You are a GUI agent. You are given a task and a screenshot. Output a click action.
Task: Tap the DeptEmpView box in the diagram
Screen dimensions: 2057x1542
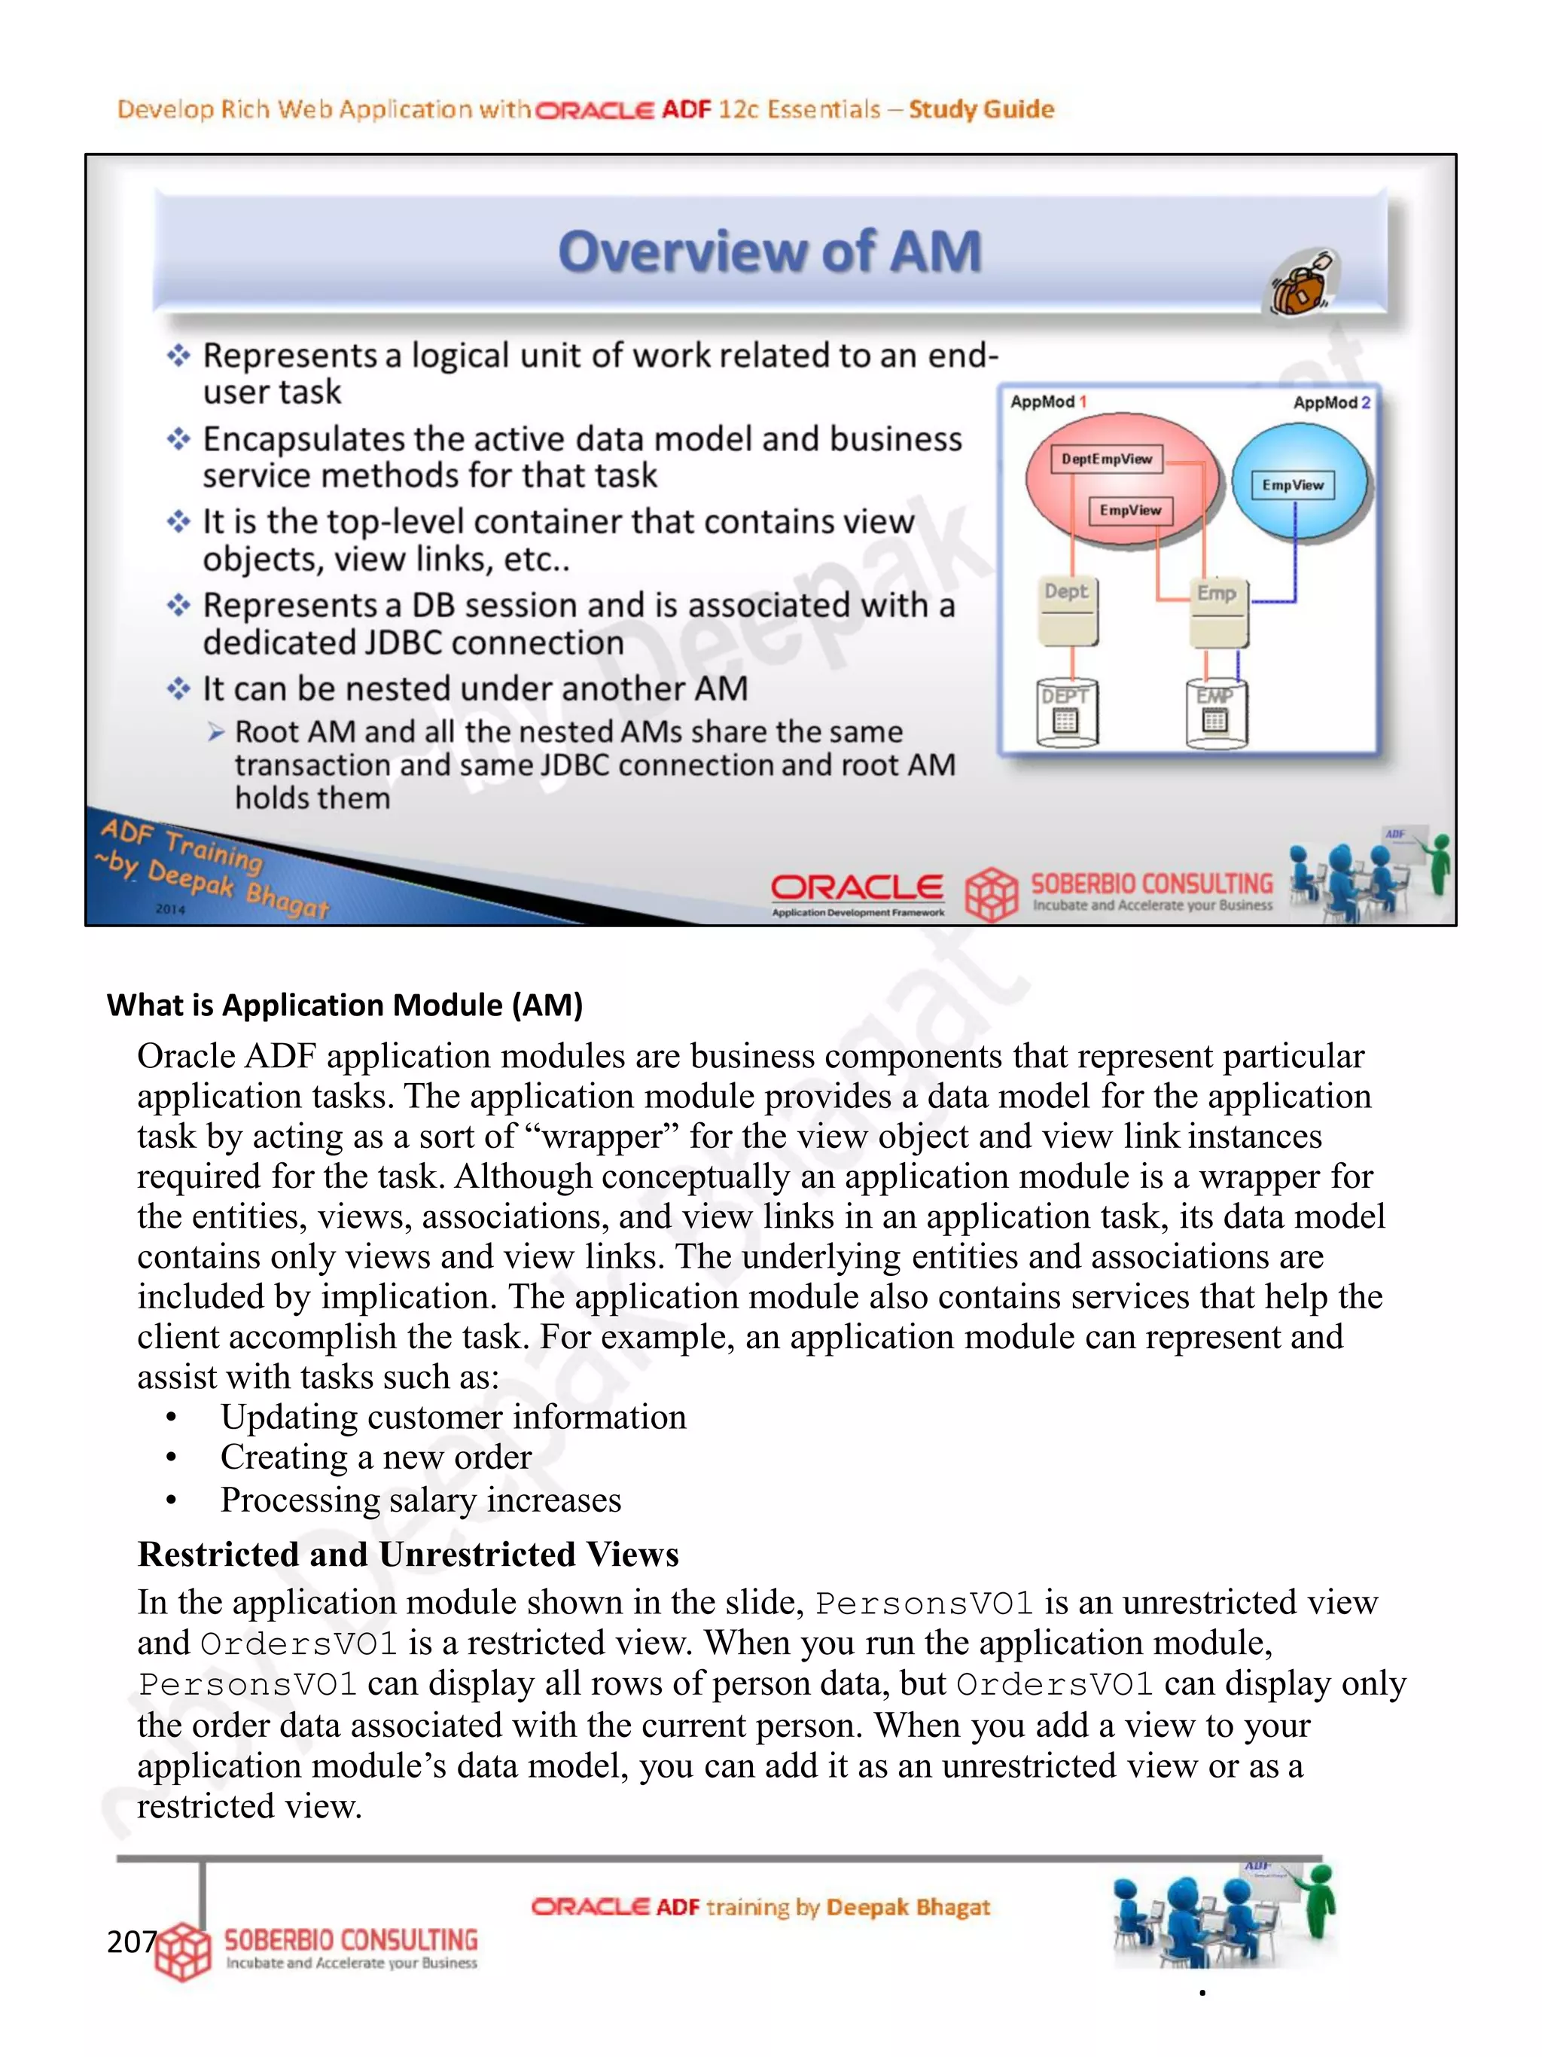[x=1106, y=459]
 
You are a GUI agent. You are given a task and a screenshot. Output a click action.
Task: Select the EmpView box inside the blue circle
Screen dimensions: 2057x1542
[x=1292, y=485]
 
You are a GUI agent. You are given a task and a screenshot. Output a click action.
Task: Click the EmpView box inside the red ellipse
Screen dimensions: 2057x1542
[x=1130, y=511]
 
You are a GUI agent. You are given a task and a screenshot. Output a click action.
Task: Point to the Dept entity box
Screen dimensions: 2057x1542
[x=1066, y=609]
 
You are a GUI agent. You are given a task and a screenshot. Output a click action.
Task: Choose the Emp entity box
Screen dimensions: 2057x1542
[x=1217, y=611]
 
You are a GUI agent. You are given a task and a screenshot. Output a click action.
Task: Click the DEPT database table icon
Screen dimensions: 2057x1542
[x=1066, y=713]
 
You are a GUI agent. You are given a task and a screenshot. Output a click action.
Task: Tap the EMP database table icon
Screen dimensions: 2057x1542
[x=1214, y=713]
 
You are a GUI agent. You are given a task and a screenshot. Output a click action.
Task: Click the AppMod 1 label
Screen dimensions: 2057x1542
[x=1047, y=401]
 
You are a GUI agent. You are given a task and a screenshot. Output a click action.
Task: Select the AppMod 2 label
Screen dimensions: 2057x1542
[x=1331, y=403]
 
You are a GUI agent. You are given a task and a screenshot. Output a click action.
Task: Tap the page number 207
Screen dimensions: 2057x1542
[x=131, y=1942]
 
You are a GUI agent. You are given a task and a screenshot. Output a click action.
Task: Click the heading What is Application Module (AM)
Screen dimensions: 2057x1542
[x=345, y=1006]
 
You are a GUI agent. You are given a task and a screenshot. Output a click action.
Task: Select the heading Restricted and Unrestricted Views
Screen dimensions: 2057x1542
[x=408, y=1554]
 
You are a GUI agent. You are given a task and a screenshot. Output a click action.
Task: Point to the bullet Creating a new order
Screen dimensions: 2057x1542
[x=376, y=1457]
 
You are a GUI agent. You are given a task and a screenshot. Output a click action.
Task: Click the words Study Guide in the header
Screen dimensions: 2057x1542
[x=980, y=110]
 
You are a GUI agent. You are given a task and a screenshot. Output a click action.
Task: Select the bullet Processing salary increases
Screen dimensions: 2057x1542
[x=420, y=1500]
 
